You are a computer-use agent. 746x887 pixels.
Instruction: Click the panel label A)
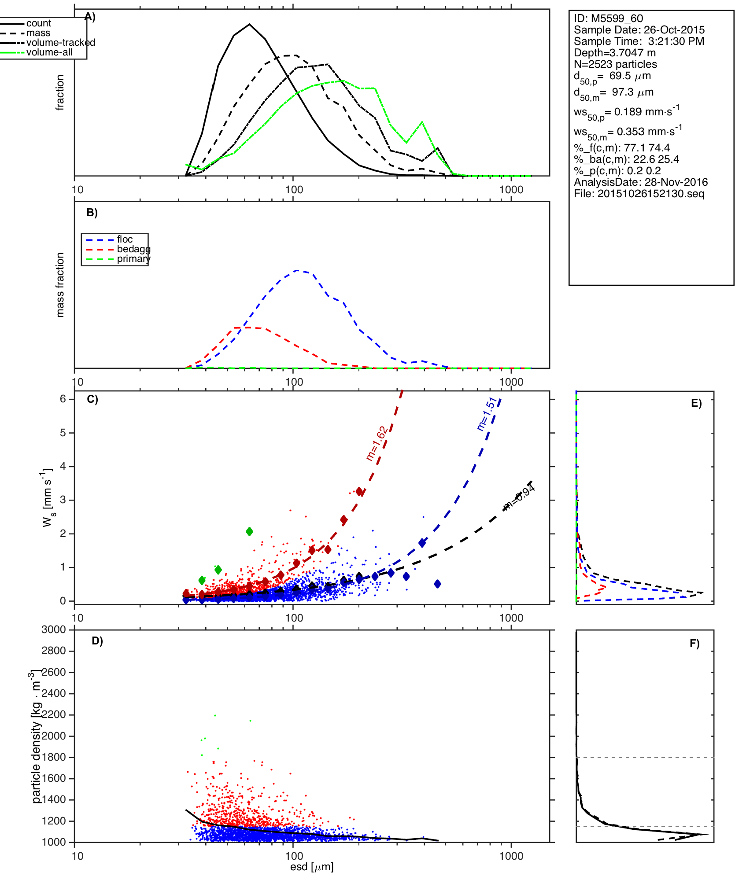point(90,17)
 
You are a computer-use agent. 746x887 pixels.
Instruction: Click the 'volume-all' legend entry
point(49,52)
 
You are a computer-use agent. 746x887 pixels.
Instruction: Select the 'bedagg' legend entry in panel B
point(133,249)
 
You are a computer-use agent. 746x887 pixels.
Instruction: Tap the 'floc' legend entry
point(125,239)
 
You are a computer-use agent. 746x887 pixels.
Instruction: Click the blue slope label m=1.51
point(487,414)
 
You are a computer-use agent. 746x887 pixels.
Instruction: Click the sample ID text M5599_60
point(617,18)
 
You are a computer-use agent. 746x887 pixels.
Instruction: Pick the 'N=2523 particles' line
point(615,64)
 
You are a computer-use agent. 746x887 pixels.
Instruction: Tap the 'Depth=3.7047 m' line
point(614,53)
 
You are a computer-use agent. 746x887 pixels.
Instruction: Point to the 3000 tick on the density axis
point(54,629)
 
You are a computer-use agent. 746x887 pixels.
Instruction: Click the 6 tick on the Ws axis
point(63,399)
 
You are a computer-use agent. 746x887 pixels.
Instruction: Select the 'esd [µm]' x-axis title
point(311,867)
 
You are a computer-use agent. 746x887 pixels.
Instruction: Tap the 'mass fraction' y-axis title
point(60,285)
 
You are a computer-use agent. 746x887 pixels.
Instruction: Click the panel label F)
point(694,644)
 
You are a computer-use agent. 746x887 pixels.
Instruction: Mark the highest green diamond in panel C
point(249,531)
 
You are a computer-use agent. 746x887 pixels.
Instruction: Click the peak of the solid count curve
point(249,24)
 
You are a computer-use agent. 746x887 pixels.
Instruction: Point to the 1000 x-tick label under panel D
point(511,856)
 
